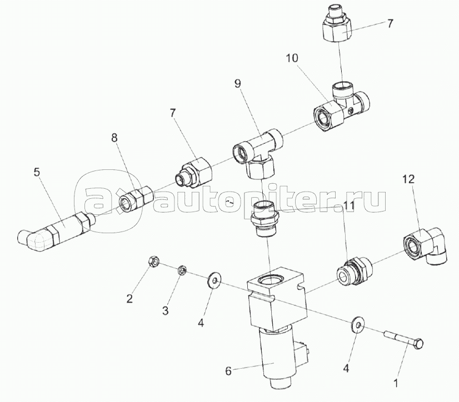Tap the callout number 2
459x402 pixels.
(129, 299)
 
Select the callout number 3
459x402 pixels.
(165, 310)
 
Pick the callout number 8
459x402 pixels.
(114, 138)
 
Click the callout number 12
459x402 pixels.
(409, 180)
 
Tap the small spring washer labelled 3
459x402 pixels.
(181, 270)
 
